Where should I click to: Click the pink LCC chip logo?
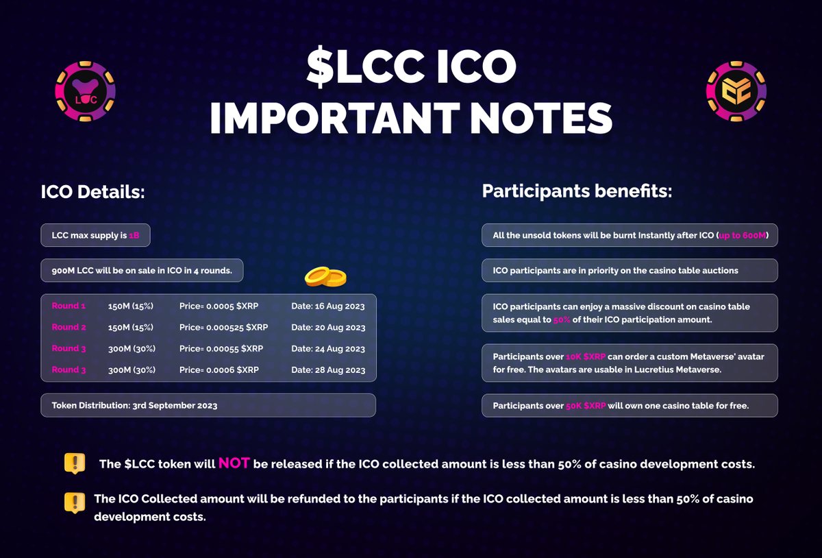click(x=85, y=91)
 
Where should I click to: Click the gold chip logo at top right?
click(x=736, y=91)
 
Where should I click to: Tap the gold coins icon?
click(x=325, y=276)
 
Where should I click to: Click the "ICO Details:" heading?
click(x=92, y=192)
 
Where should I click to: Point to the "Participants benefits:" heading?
click(x=577, y=191)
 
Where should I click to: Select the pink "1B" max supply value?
click(x=134, y=236)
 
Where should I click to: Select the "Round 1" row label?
click(x=68, y=306)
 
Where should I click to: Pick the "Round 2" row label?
click(x=68, y=327)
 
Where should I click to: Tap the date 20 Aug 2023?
click(x=328, y=328)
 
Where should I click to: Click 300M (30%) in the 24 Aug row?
click(x=132, y=348)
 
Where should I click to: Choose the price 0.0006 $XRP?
click(x=219, y=369)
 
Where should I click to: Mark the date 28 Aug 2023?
click(x=328, y=370)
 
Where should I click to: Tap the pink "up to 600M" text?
click(x=743, y=236)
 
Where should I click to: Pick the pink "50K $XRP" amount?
click(x=586, y=406)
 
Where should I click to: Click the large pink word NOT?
click(x=234, y=463)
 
